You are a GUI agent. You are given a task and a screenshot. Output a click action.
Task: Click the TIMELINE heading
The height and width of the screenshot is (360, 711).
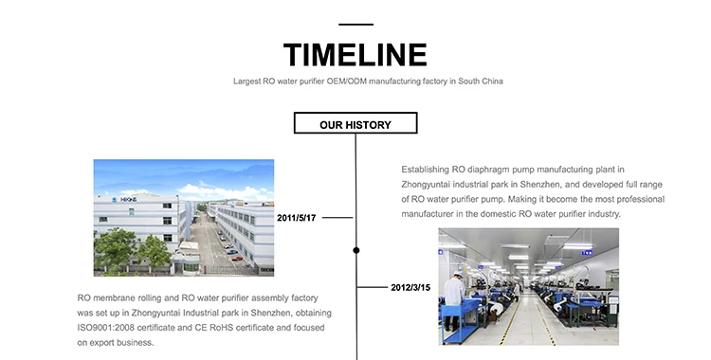coord(355,55)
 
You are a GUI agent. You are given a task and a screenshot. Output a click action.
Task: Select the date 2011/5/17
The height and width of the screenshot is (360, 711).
coord(296,218)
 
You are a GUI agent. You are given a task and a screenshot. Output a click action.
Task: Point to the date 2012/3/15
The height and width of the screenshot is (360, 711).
coord(410,287)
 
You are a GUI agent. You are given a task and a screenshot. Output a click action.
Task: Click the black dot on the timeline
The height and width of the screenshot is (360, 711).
coord(356,250)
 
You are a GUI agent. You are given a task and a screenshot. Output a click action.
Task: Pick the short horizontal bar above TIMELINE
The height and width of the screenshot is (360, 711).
coord(355,25)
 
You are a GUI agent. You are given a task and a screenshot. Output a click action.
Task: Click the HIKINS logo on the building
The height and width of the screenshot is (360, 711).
coord(124,200)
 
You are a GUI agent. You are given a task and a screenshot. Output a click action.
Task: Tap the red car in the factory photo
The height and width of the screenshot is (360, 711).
coord(237,259)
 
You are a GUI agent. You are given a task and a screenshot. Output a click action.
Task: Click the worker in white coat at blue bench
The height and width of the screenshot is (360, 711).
coord(454,299)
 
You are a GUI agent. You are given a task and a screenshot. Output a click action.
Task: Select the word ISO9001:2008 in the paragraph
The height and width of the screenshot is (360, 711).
coord(105,328)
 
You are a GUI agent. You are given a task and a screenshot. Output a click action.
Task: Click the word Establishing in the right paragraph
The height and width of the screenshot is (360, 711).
coord(425,170)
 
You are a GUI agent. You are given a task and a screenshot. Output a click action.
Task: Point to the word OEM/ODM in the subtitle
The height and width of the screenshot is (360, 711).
coord(346,81)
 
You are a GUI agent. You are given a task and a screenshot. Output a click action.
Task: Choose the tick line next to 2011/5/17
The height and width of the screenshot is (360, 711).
coord(337,218)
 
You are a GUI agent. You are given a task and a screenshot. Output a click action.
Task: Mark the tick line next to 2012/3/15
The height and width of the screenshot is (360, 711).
coord(373,287)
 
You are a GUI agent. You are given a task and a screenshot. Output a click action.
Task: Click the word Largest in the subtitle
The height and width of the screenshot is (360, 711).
coord(247,81)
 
